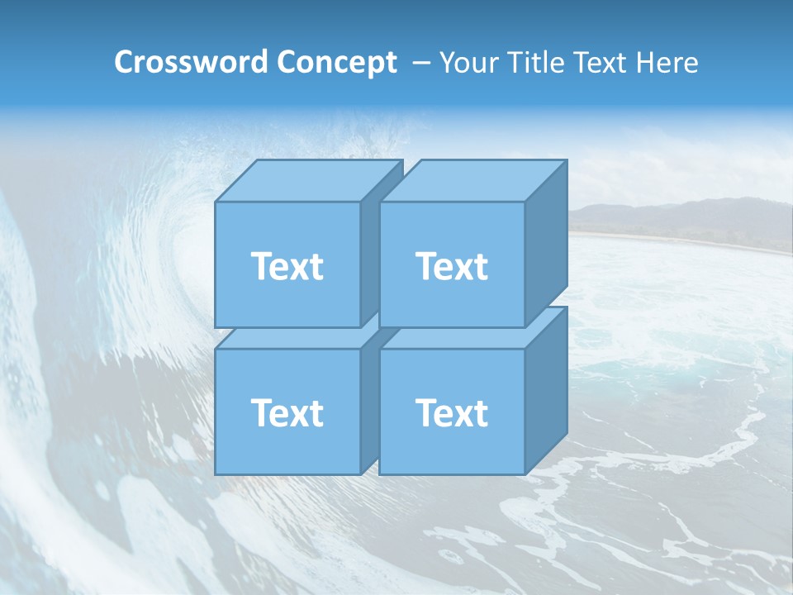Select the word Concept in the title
336,63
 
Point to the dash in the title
420,63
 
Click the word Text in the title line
601,63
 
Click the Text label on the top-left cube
287,266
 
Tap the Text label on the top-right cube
452,266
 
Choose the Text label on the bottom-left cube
287,412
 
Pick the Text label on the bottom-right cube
452,412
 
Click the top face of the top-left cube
310,180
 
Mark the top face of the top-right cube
473,180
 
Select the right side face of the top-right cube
546,244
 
